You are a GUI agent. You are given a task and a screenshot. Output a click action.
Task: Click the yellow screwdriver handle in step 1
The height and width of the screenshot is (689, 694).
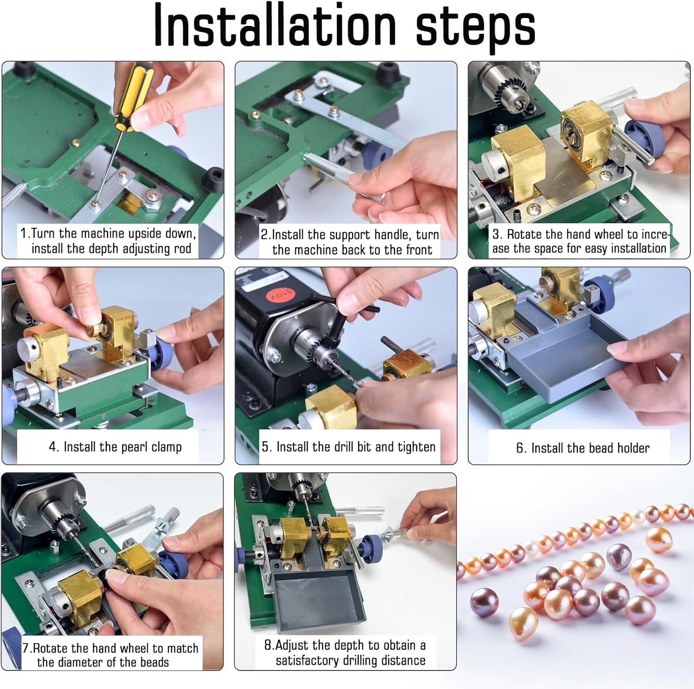point(132,96)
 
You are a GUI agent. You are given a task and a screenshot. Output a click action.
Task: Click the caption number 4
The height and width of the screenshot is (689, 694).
point(54,447)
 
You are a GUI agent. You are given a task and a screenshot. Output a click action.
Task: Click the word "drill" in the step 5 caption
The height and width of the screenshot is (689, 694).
point(344,447)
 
